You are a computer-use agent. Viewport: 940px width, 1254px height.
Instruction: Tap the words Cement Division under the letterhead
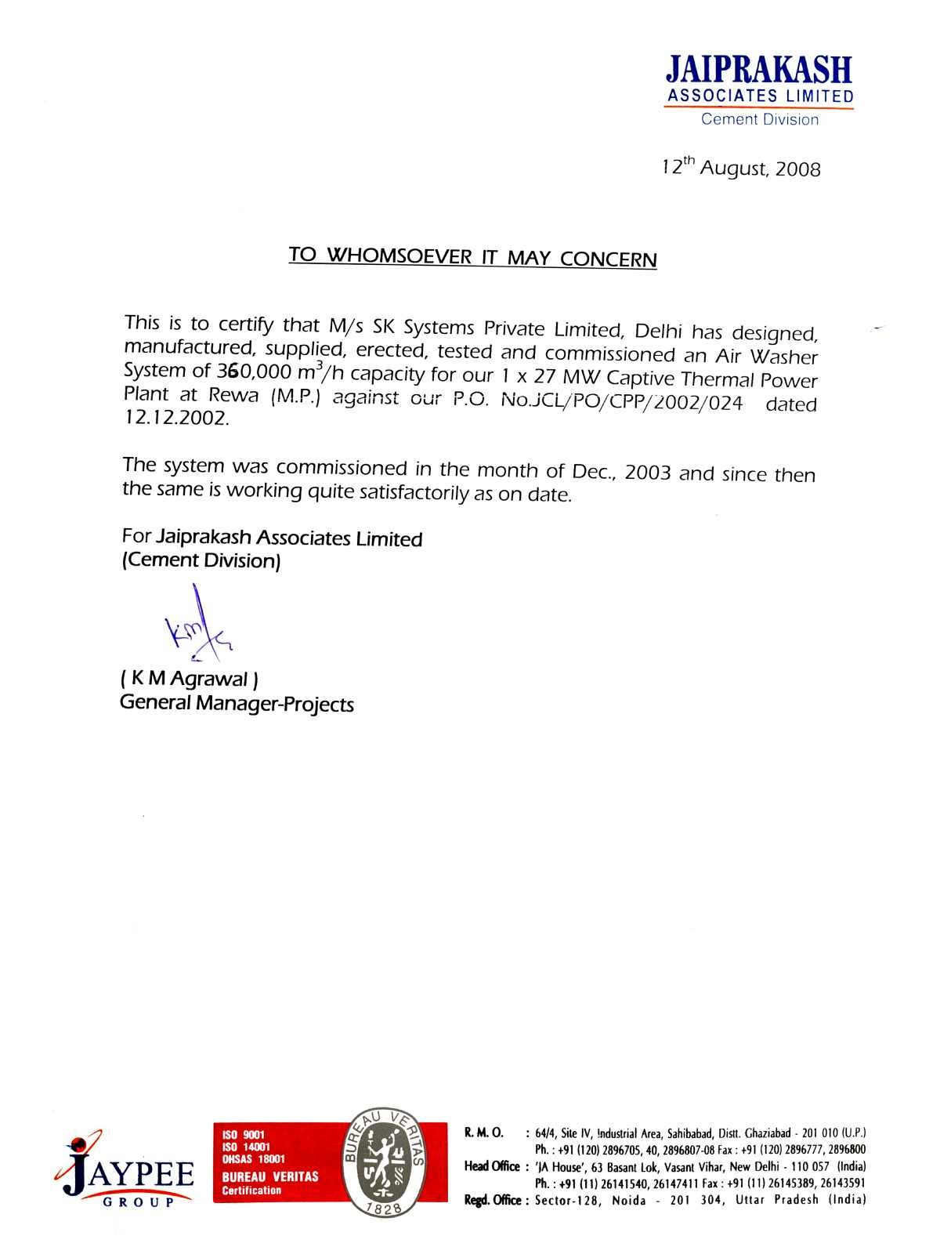click(x=759, y=120)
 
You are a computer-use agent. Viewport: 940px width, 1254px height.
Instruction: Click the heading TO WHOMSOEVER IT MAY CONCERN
click(x=472, y=257)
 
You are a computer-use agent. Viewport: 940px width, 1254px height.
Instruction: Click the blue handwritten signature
click(x=196, y=627)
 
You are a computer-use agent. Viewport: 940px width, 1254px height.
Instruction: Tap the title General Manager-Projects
click(x=237, y=704)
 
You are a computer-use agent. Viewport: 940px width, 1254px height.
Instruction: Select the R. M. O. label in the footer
click(x=483, y=1133)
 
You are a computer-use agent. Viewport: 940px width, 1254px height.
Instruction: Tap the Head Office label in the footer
click(x=492, y=1166)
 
